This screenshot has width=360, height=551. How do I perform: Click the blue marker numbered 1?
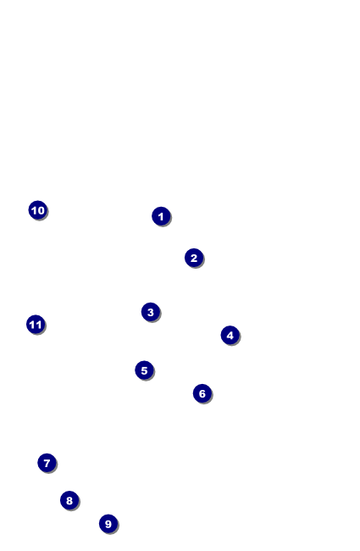[161, 216]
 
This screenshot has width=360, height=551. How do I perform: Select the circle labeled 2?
[194, 258]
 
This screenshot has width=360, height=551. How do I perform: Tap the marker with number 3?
[151, 312]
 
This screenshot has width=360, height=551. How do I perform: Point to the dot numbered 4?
[230, 335]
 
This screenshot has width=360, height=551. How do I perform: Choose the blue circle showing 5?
[144, 370]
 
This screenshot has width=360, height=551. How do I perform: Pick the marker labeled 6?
[202, 393]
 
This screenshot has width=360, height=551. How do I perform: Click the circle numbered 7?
[47, 463]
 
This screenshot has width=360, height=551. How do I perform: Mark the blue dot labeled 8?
[69, 500]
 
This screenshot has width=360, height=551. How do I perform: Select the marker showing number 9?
[108, 524]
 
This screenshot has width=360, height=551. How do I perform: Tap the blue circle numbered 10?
[38, 210]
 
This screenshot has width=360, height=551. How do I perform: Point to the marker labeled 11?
[36, 325]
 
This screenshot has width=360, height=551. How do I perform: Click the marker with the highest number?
[36, 325]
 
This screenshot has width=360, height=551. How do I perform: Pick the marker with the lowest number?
[161, 216]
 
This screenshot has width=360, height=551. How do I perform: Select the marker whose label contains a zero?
[38, 210]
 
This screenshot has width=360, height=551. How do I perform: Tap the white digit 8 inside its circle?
[69, 500]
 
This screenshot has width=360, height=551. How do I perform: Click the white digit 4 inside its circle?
[230, 335]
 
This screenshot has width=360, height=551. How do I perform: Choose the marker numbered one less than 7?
[202, 393]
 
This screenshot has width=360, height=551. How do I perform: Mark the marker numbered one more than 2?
[151, 312]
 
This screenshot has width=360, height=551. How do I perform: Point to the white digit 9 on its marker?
[108, 524]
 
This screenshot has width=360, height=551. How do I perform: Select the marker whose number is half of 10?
[144, 370]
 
